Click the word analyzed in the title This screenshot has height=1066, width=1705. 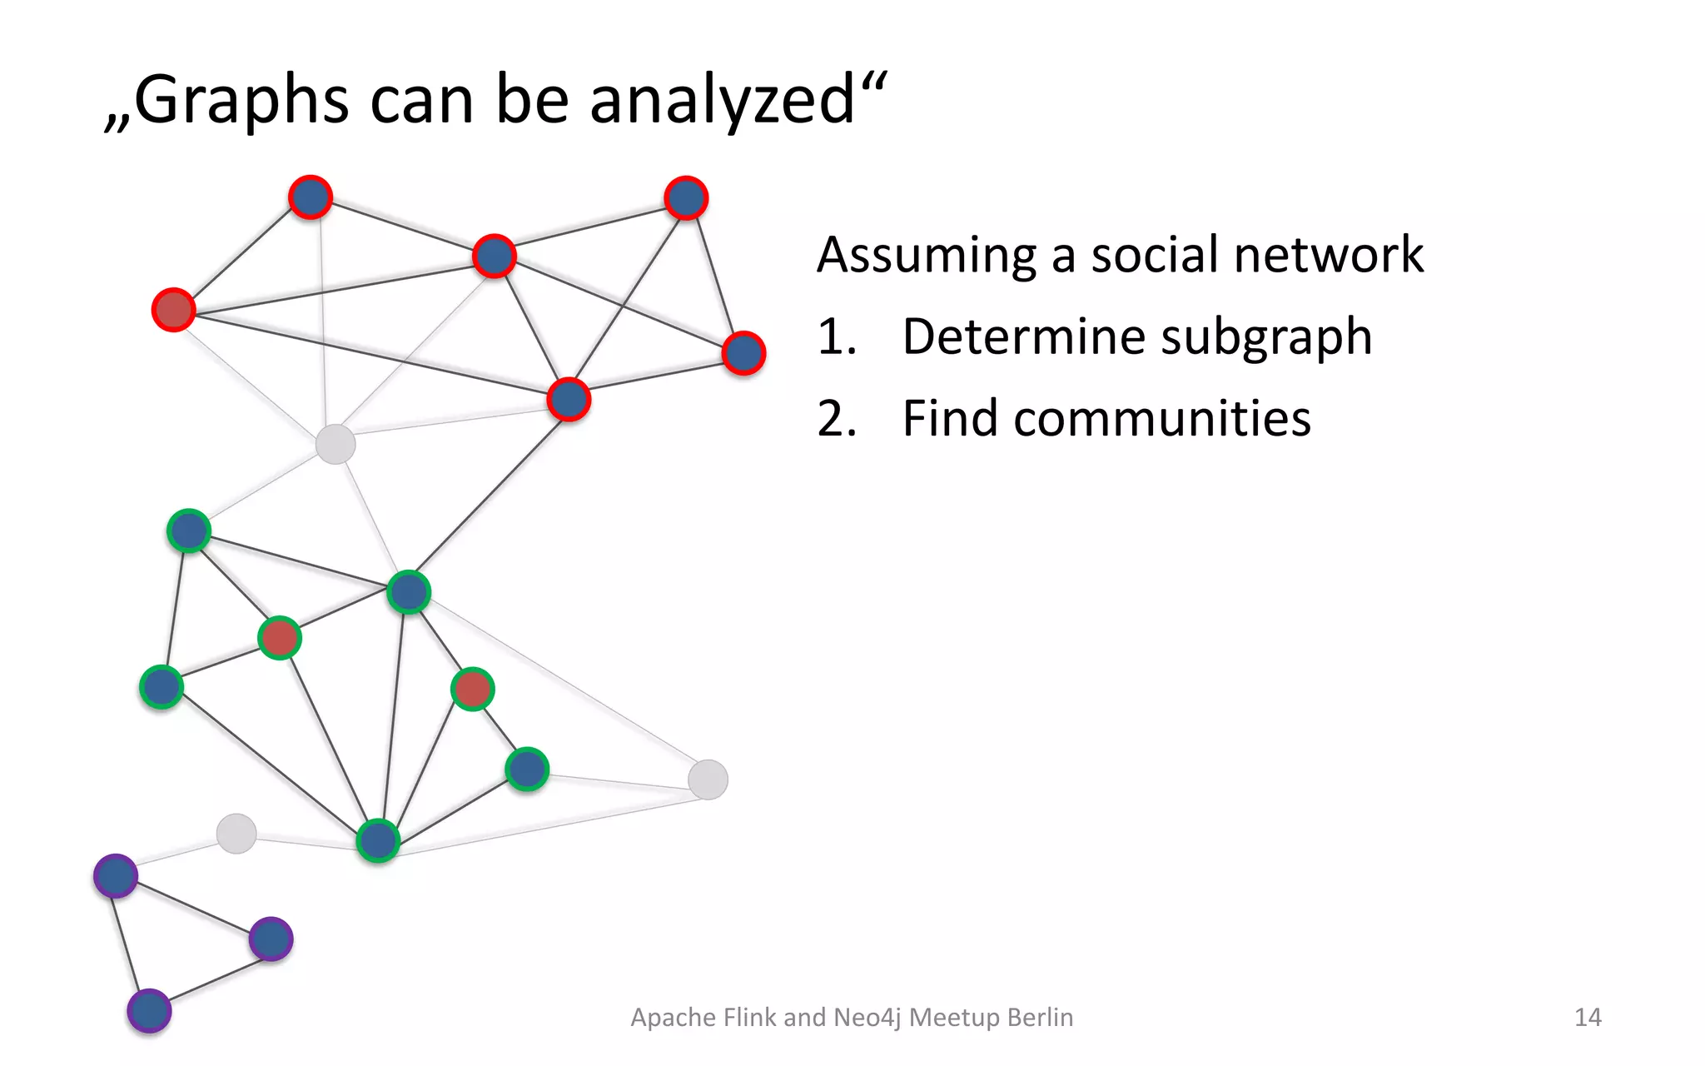[721, 100]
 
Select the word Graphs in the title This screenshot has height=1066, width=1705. [241, 100]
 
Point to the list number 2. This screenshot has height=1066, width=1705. [836, 419]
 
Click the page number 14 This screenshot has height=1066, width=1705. [1587, 1017]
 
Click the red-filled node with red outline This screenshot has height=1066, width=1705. [174, 310]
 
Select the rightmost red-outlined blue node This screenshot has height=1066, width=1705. [743, 353]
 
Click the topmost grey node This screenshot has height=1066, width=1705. [336, 444]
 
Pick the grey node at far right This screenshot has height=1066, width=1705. [708, 780]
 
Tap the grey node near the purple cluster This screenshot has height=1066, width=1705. [236, 833]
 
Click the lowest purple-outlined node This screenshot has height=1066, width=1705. [149, 1011]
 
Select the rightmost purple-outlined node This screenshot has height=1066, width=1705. [271, 939]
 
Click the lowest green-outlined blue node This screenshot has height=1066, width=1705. [378, 840]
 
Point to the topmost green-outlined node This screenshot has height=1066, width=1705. [189, 531]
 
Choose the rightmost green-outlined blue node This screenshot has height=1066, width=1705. [527, 769]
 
